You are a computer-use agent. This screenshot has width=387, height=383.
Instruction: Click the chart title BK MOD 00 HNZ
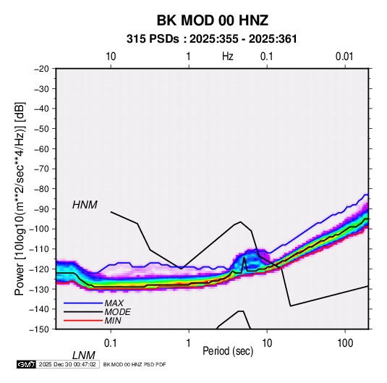[x=212, y=20]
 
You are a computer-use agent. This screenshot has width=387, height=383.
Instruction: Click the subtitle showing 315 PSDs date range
[x=211, y=39]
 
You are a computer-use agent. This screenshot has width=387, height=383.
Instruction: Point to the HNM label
[x=85, y=205]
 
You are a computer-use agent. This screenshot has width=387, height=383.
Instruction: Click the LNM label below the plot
[x=83, y=355]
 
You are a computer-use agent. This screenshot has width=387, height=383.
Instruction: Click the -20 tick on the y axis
[x=41, y=69]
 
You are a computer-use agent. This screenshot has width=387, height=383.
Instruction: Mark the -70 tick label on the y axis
[x=41, y=169]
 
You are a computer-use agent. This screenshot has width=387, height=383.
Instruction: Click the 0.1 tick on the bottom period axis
[x=111, y=343]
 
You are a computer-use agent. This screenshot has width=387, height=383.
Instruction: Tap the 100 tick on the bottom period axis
[x=344, y=343]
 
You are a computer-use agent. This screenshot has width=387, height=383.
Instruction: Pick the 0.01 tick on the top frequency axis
[x=344, y=56]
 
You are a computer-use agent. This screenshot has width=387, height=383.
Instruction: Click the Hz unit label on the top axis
[x=228, y=56]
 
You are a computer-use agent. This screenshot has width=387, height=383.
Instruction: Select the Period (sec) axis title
[x=228, y=351]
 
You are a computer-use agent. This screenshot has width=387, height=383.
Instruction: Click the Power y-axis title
[x=20, y=198]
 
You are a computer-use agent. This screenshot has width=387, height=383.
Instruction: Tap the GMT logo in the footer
[x=27, y=364]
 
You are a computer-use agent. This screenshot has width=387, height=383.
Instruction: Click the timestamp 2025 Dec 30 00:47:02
[x=67, y=364]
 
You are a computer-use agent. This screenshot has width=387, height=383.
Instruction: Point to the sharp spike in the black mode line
[x=244, y=258]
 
